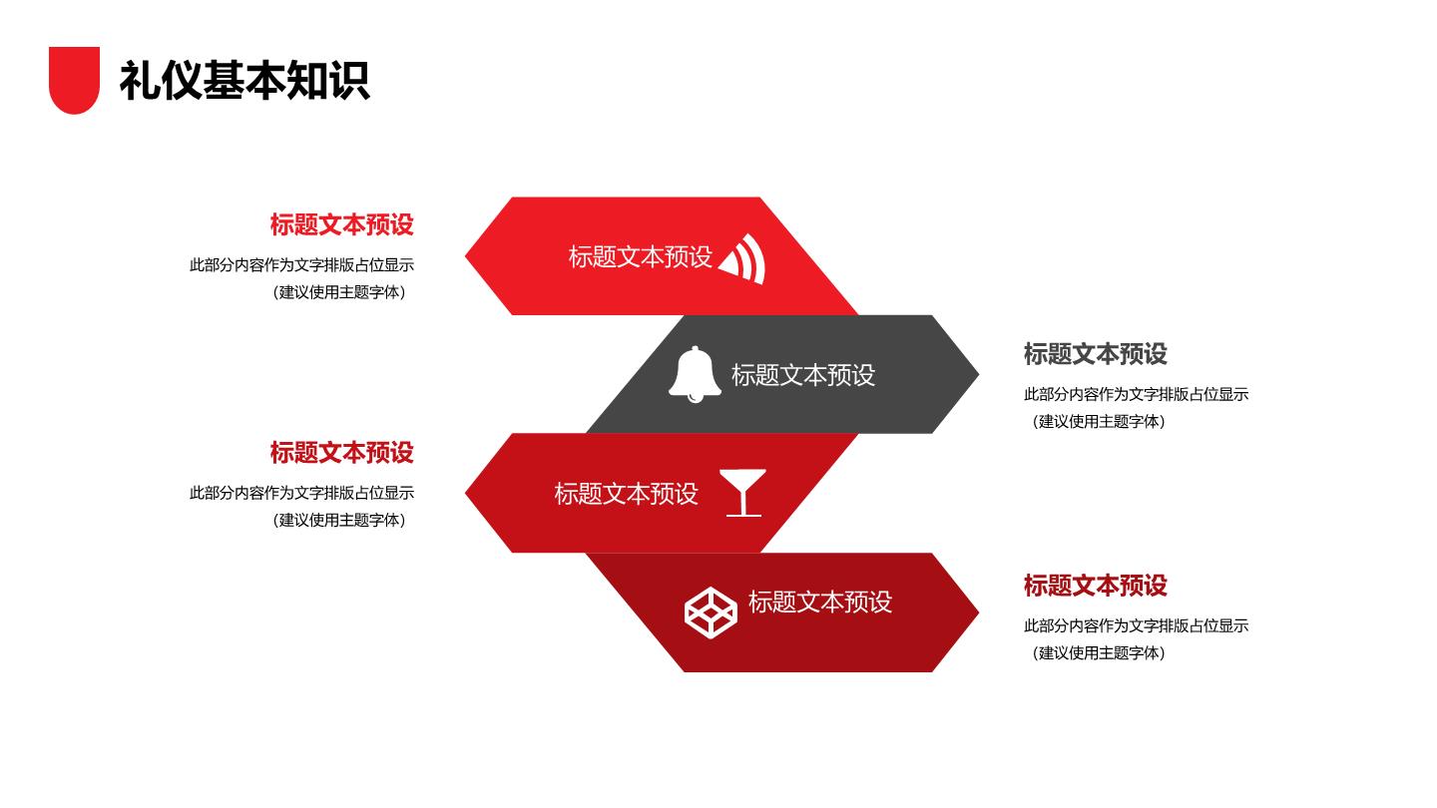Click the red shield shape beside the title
(75, 80)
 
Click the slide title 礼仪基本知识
(244, 81)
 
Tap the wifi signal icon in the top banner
(741, 258)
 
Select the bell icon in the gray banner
(695, 374)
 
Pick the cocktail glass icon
(742, 493)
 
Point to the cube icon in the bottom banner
(711, 612)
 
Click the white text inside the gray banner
(803, 375)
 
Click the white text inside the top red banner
(641, 256)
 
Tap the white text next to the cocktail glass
(626, 494)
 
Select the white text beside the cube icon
(820, 602)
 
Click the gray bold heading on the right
(1095, 354)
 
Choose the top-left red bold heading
(342, 224)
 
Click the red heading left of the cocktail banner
(342, 453)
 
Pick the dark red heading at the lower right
(1095, 586)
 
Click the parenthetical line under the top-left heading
(340, 292)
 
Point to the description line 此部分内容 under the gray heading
(1136, 394)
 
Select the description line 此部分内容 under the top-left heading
(301, 265)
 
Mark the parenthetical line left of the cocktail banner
(340, 520)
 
